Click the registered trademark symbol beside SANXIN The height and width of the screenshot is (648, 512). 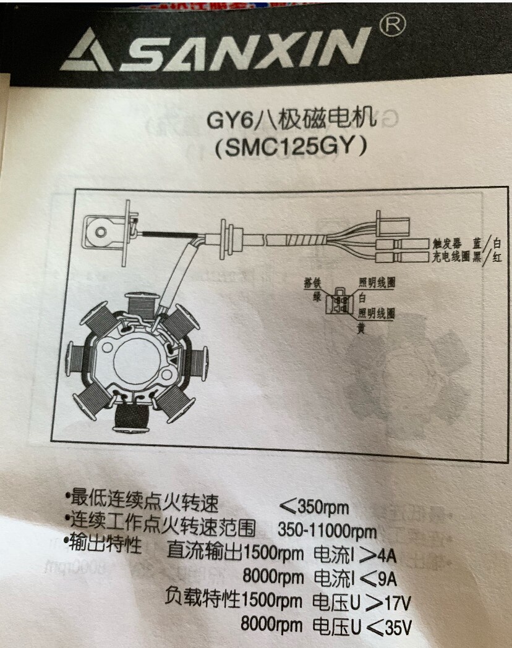click(395, 27)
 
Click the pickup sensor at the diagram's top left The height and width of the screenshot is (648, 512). click(100, 232)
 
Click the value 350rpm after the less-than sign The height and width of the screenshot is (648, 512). click(323, 509)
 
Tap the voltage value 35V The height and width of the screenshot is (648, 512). click(398, 628)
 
